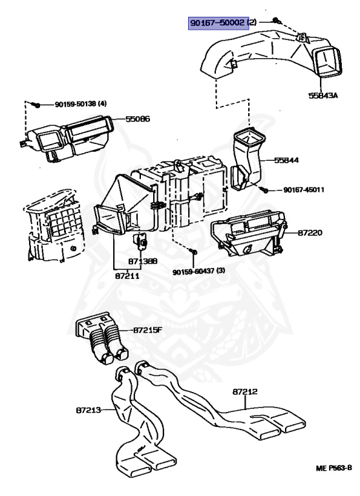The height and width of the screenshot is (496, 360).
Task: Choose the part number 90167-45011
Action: tap(303, 190)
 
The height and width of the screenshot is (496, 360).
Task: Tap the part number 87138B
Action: tap(142, 262)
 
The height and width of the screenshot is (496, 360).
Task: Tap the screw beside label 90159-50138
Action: tap(37, 105)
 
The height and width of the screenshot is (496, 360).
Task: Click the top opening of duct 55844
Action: tap(249, 137)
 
